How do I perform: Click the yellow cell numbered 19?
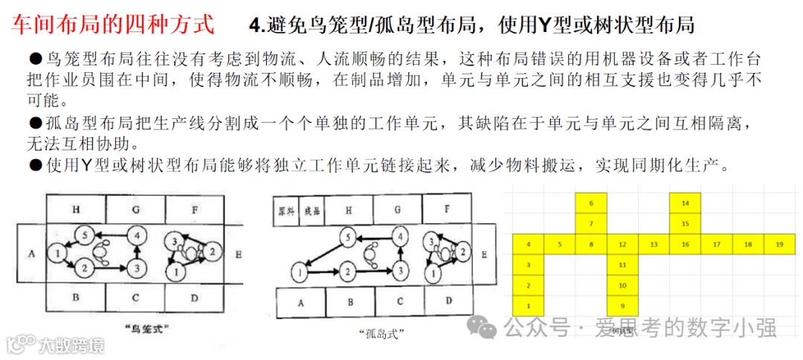pos(778,244)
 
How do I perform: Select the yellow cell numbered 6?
pos(590,203)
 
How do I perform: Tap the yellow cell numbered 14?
pos(685,203)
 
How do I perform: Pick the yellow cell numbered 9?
pos(622,306)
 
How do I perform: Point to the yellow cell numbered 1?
pos(528,306)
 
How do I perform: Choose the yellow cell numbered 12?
pos(622,244)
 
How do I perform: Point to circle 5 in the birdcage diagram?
pos(85,236)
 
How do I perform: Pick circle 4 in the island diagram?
pos(401,237)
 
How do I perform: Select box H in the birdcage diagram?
pos(76,210)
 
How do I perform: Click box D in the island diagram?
pos(448,301)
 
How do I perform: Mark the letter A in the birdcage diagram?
pos(31,254)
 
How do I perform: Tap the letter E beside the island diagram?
pos(484,254)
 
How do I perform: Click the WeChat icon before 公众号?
pos(486,327)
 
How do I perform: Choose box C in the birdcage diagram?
pos(135,298)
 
